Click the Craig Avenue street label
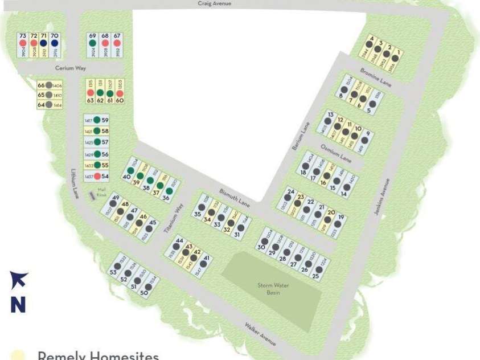pyautogui.click(x=215, y=3)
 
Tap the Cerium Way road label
pyautogui.click(x=70, y=68)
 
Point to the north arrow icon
pyautogui.click(x=18, y=280)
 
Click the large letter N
pyautogui.click(x=18, y=304)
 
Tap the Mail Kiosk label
pyautogui.click(x=102, y=193)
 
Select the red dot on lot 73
pyautogui.click(x=23, y=43)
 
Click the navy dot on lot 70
pyautogui.click(x=55, y=43)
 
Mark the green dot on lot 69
pyautogui.click(x=92, y=43)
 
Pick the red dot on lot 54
pyautogui.click(x=97, y=176)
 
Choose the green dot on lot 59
pyautogui.click(x=97, y=120)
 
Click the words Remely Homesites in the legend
pyautogui.click(x=98, y=355)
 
